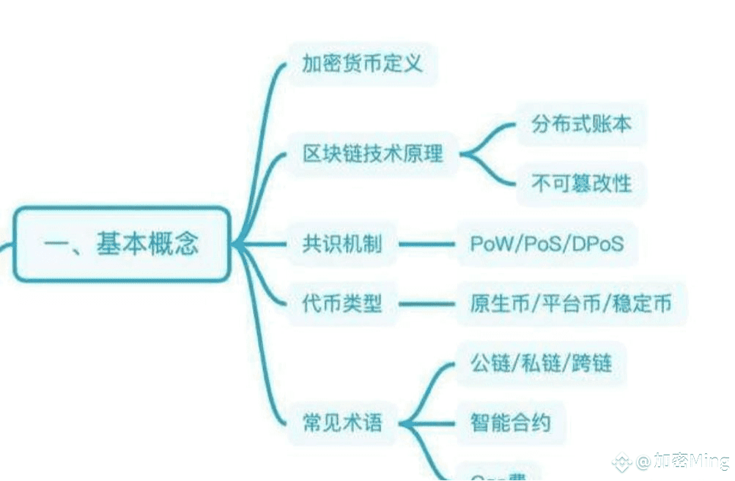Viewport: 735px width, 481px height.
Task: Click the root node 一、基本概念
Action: pos(122,244)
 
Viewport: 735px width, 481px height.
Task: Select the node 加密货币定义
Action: pos(362,64)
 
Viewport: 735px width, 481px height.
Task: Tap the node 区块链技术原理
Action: pos(373,154)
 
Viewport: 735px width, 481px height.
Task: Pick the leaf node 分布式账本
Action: pos(581,124)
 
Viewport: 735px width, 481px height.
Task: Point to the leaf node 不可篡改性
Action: pos(581,182)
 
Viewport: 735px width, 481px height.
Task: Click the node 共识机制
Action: pos(342,244)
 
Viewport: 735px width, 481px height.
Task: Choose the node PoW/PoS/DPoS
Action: pos(547,244)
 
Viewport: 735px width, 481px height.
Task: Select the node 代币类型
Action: pos(342,303)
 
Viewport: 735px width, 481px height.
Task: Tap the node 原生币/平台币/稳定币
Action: pos(571,303)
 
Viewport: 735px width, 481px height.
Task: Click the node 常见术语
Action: pos(342,422)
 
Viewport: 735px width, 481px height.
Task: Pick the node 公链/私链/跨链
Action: pos(542,363)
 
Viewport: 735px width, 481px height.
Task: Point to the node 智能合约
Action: pos(510,422)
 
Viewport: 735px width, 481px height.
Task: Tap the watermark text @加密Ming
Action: pos(682,461)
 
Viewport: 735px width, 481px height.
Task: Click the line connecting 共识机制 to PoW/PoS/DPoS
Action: pos(425,244)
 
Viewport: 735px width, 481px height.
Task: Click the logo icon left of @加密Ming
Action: pos(622,462)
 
